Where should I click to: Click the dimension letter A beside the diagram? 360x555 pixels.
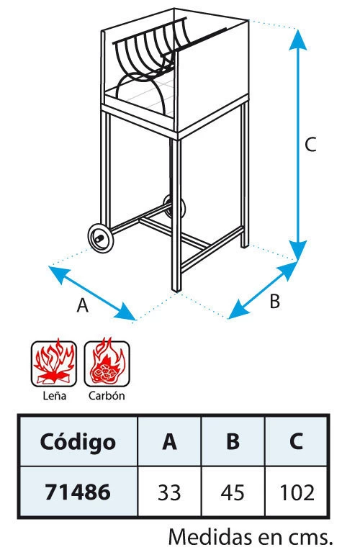point(83,305)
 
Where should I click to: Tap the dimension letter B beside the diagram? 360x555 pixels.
point(274,301)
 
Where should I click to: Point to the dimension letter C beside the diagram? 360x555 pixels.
point(310,145)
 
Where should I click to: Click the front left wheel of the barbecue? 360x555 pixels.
point(101,238)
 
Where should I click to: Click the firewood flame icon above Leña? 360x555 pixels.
point(54,363)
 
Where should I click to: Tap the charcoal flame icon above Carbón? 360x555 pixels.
point(107,363)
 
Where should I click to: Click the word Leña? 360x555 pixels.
point(54,395)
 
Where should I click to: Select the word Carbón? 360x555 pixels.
point(107,395)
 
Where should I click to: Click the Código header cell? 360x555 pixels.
point(78,441)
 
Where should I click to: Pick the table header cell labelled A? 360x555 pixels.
point(169,441)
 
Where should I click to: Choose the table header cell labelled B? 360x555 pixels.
point(233,441)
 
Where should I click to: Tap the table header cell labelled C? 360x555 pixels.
point(296,441)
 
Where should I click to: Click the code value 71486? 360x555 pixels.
point(78,492)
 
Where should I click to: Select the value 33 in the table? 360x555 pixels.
point(169,492)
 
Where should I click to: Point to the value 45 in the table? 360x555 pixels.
point(233,492)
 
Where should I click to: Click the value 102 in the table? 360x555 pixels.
point(297,492)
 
